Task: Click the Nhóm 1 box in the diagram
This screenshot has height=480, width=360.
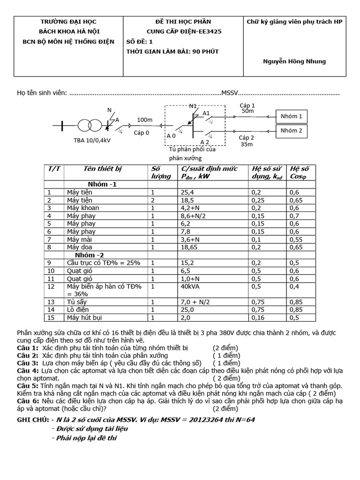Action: pos(291,116)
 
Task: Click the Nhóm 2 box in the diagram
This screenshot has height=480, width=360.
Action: pos(291,131)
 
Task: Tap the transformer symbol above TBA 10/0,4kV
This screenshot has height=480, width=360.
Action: pos(89,126)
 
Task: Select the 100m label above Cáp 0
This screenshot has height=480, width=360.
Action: pos(145,120)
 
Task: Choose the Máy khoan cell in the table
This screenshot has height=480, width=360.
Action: pos(81,208)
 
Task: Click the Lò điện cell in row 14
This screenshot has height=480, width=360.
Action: pos(78,310)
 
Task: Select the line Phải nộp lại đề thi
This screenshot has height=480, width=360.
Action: pos(87,438)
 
